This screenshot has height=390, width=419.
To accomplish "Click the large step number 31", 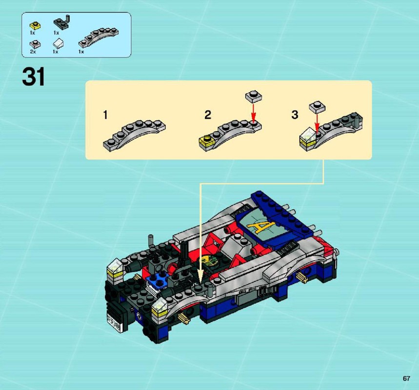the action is (34, 77).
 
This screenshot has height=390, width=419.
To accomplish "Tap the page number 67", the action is (406, 378).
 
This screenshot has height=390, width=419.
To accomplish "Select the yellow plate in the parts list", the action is (35, 26).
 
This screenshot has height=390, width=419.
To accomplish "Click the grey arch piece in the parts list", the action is (99, 38).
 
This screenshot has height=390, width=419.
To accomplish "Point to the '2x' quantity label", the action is (33, 52).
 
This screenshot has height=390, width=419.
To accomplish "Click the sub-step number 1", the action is (105, 115).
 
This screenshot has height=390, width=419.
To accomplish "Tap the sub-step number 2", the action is (208, 115).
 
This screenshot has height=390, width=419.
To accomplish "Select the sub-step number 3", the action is (295, 115).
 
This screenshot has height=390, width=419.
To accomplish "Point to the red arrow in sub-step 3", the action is (317, 123).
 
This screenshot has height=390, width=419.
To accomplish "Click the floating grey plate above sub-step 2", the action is (253, 97).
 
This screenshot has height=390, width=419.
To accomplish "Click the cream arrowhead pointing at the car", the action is (200, 276).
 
